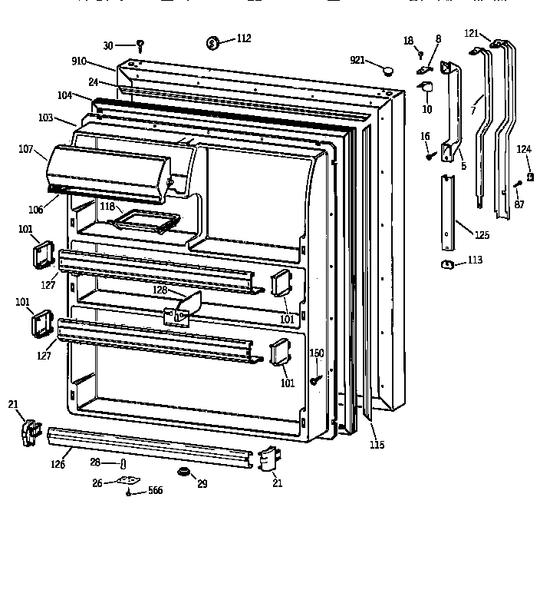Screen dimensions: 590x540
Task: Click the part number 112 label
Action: (x=244, y=38)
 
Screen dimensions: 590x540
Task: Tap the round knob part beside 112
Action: (x=215, y=43)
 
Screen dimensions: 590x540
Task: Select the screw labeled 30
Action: (x=140, y=46)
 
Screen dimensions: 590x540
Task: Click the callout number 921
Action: (x=357, y=61)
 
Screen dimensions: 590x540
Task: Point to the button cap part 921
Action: (x=386, y=71)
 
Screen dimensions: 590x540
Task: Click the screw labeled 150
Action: (x=315, y=380)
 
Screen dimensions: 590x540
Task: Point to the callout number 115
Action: (x=376, y=445)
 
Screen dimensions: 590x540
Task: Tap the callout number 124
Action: (x=522, y=149)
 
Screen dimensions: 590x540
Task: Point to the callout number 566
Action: (x=156, y=491)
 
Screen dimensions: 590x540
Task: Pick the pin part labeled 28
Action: (x=123, y=463)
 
